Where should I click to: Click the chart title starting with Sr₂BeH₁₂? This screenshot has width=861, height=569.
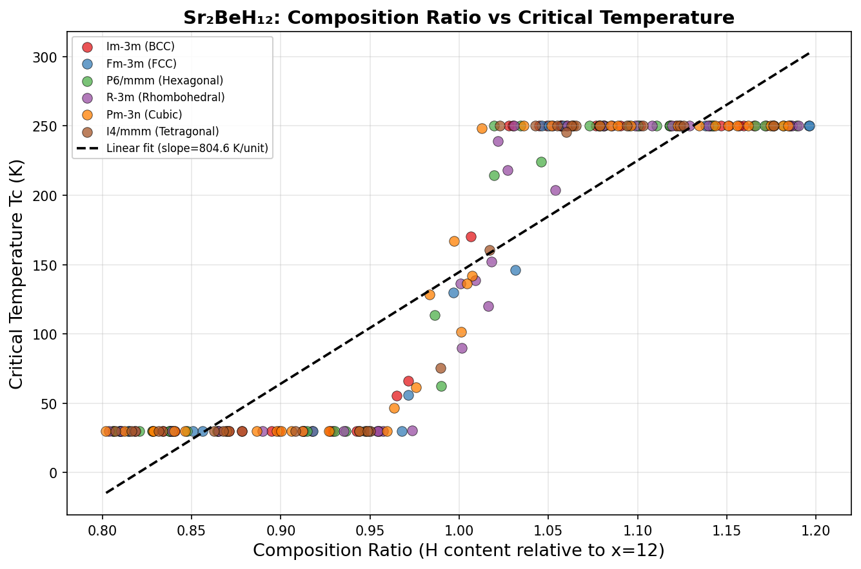459,17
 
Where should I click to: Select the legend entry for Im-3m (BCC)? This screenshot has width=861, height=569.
140,47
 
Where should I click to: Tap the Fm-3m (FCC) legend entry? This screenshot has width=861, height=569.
141,64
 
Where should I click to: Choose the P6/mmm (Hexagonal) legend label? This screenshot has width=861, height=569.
164,81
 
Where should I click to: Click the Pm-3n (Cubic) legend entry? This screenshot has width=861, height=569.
144,115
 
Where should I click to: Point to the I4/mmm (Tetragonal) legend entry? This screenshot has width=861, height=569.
163,131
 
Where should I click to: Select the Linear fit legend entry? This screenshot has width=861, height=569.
187,149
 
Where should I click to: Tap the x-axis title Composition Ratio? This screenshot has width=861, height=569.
459,550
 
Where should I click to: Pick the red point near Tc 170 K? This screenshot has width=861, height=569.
471,236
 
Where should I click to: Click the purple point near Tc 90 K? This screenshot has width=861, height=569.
462,348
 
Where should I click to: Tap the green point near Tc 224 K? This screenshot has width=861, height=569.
541,162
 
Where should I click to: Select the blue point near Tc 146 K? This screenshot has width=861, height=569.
515,270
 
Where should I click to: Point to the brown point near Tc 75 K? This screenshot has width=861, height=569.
440,368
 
